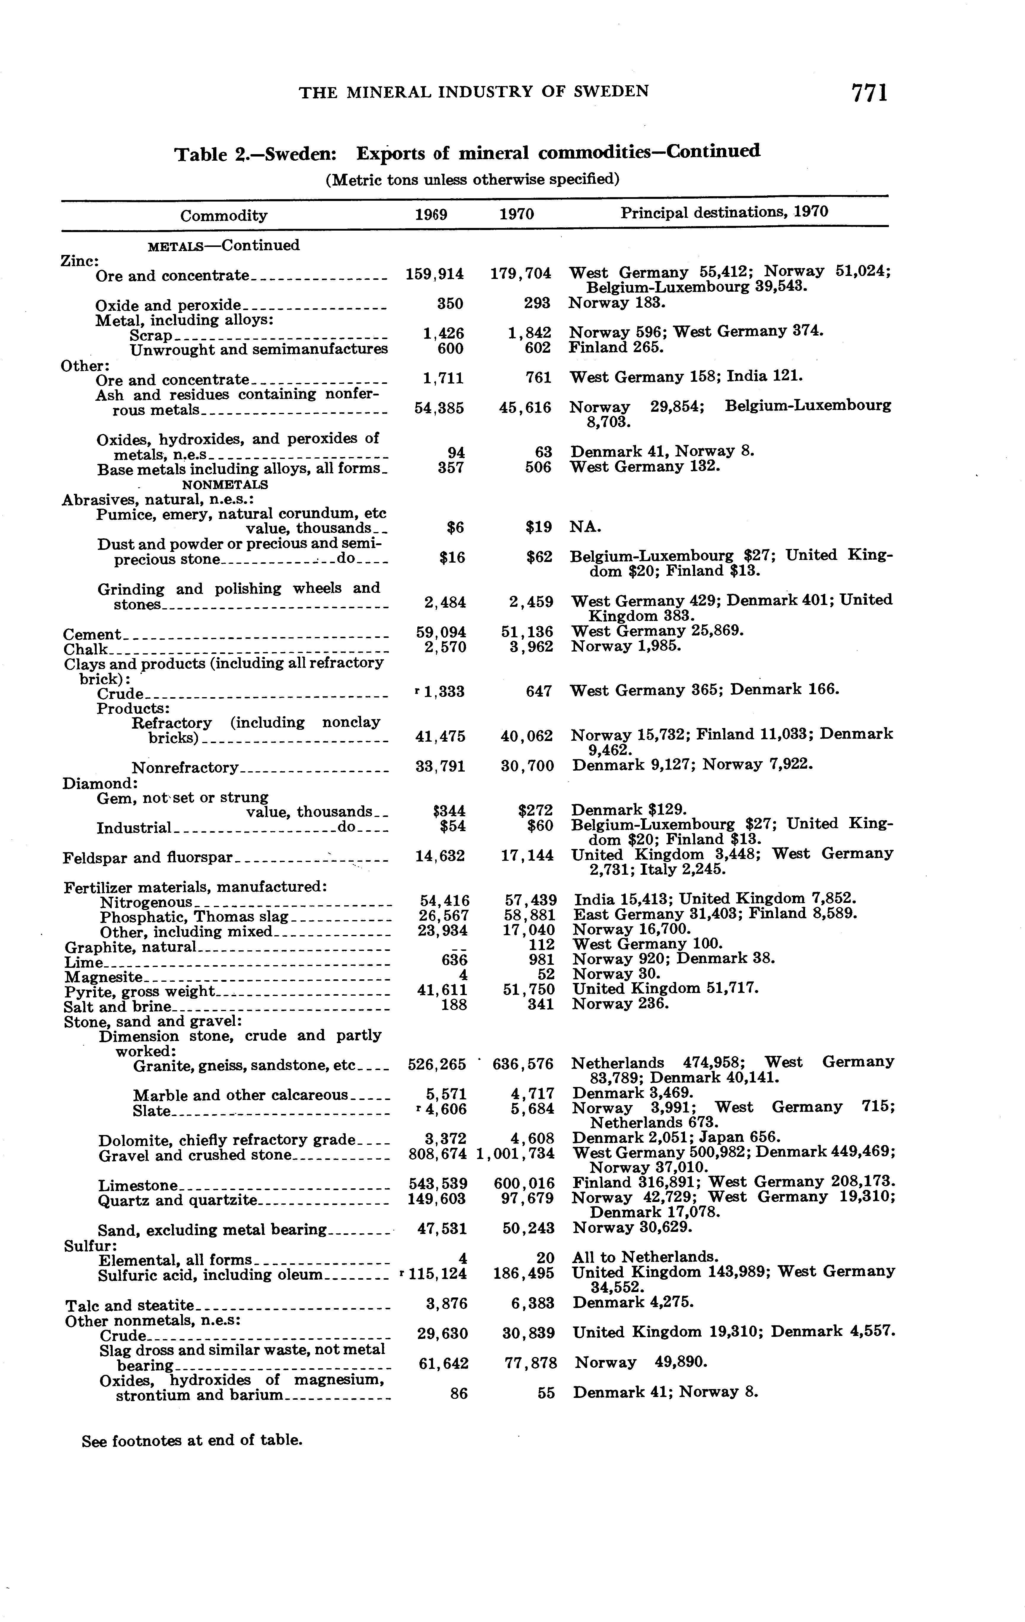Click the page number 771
pyautogui.click(x=869, y=92)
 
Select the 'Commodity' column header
pyautogui.click(x=223, y=215)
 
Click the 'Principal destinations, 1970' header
pyautogui.click(x=724, y=212)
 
